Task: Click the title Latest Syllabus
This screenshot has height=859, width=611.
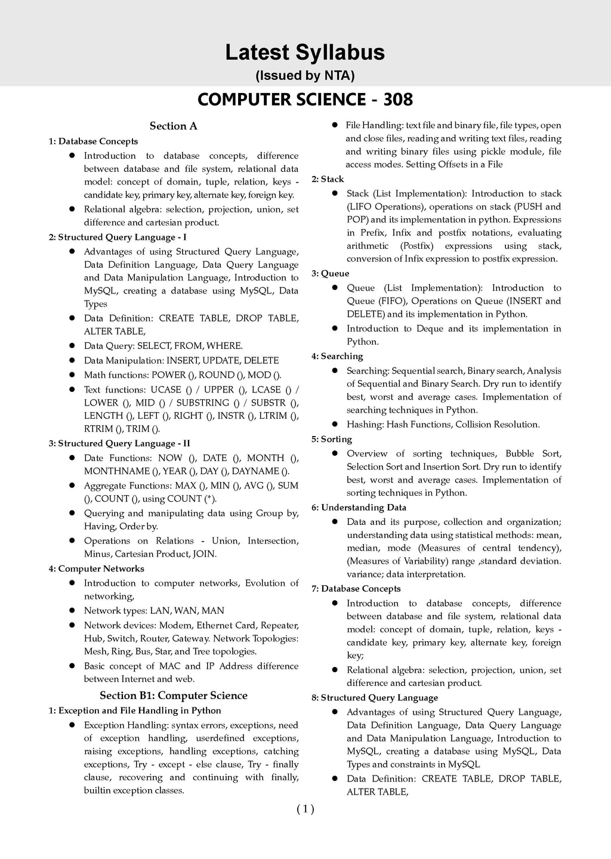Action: tap(305, 52)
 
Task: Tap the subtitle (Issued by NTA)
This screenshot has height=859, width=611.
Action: tap(305, 76)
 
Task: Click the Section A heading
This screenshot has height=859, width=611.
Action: tap(173, 126)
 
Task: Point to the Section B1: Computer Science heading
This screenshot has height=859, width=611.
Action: tap(173, 696)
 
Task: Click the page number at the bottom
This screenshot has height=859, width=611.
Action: tap(305, 809)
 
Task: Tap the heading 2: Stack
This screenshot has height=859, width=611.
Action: tap(328, 179)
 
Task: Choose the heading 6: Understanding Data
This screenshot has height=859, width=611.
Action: tap(359, 508)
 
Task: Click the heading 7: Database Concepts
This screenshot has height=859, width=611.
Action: tap(356, 589)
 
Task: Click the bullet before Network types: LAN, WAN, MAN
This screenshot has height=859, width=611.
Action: tap(71, 610)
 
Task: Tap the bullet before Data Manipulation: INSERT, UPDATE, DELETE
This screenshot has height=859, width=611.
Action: tap(71, 360)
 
